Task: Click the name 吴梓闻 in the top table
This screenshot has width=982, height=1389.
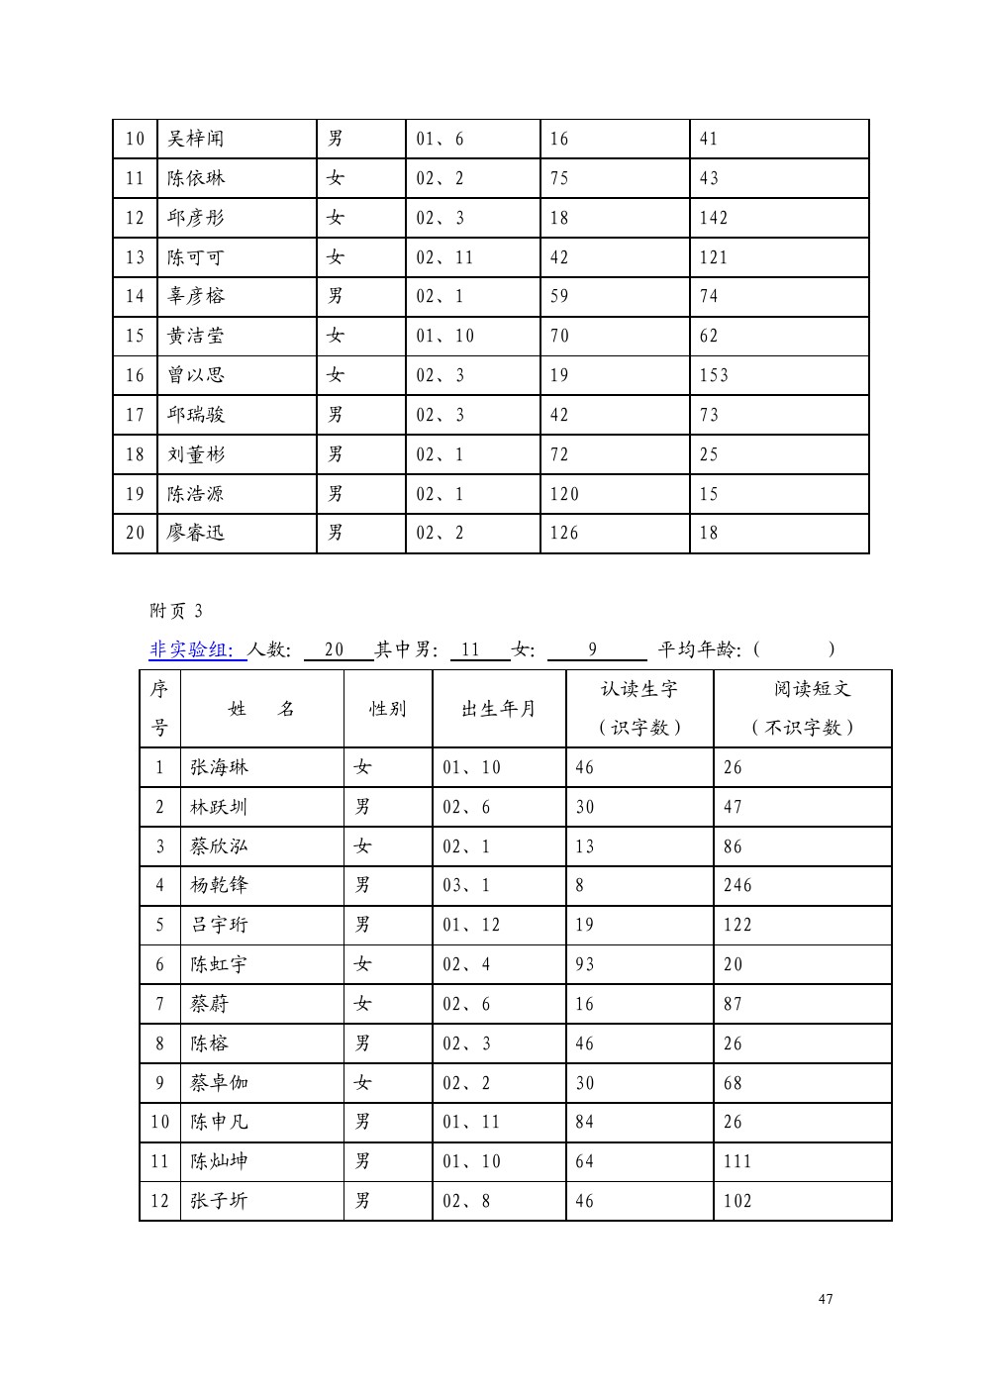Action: point(195,139)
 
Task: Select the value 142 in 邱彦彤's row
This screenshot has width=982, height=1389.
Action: point(713,218)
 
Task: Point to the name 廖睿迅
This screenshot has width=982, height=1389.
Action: point(195,533)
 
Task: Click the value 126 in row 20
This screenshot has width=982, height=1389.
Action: point(564,533)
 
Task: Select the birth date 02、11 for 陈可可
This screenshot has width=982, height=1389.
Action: point(444,257)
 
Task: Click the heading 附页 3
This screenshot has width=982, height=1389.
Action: point(175,611)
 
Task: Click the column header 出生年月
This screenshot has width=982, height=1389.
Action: point(498,709)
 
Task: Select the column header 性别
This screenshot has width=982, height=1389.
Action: point(387,709)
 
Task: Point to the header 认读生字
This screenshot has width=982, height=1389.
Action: point(638,689)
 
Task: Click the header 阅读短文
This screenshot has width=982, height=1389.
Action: point(812,689)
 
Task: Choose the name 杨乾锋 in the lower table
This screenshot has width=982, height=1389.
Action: point(219,885)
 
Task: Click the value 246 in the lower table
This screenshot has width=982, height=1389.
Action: point(737,885)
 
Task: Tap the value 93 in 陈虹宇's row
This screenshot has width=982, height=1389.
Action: point(585,964)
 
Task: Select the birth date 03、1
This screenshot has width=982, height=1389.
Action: point(465,885)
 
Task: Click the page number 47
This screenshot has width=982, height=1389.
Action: point(826,1299)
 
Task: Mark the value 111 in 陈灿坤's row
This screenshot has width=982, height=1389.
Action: point(737,1161)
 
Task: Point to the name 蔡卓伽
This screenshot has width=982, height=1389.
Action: point(219,1083)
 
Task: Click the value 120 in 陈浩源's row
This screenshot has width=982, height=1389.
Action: point(564,494)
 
